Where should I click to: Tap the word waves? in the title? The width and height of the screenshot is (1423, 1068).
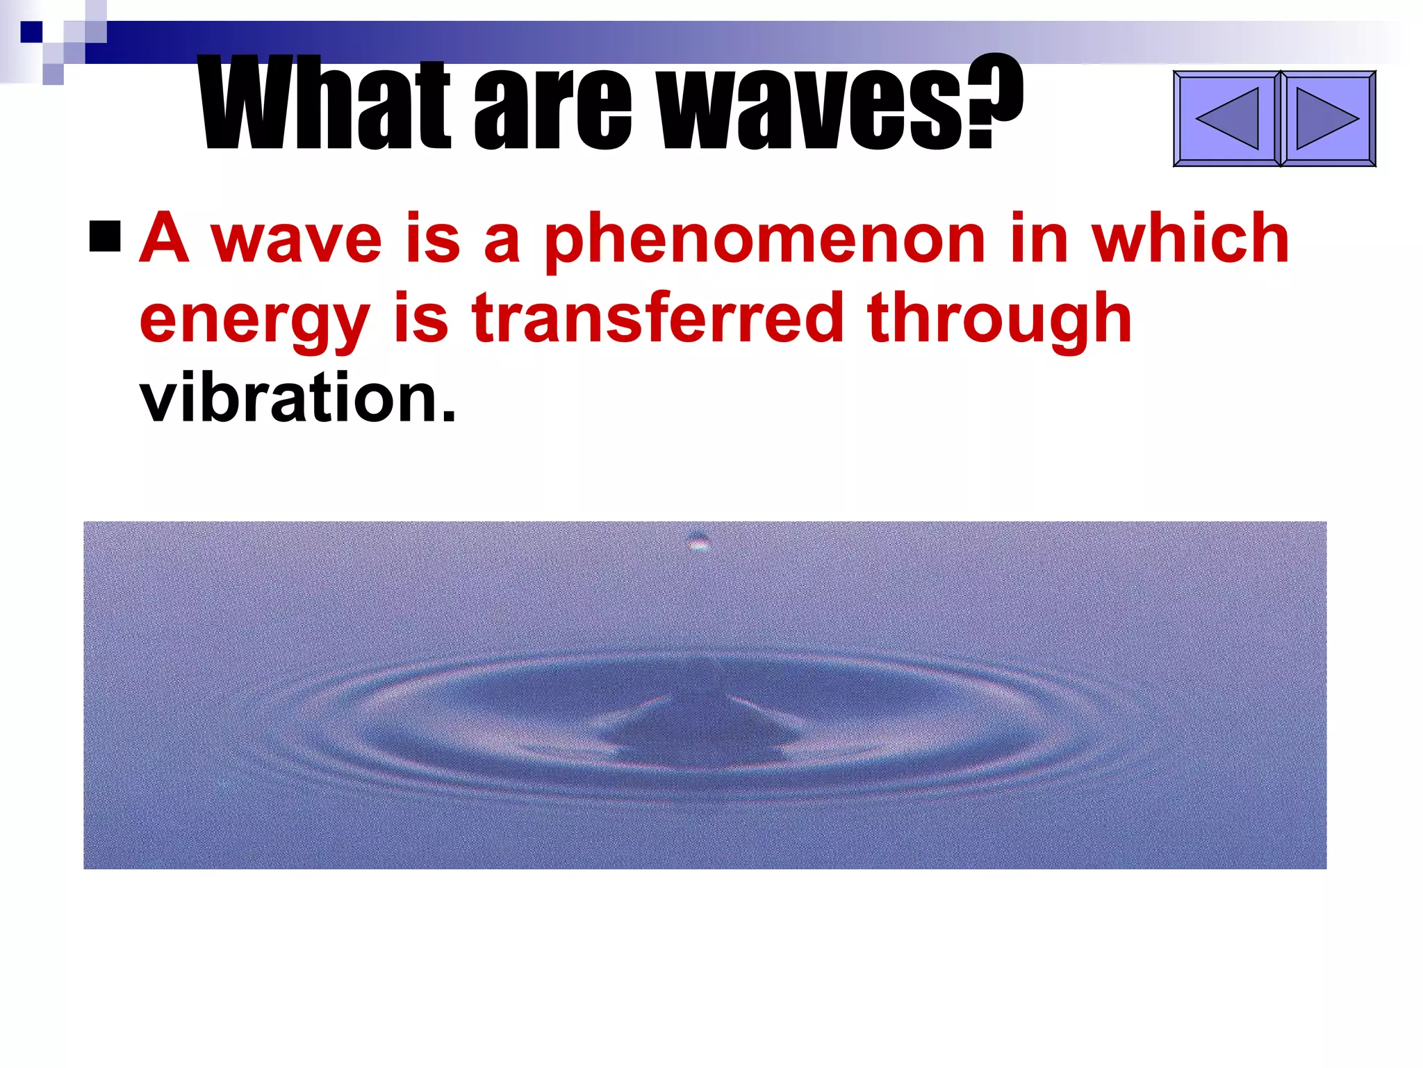(841, 104)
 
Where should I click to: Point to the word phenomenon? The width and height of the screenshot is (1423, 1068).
(764, 240)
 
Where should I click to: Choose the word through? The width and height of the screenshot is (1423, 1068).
(1001, 320)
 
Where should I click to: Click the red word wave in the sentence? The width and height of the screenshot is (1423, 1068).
(297, 240)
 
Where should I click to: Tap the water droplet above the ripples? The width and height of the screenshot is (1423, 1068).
(698, 541)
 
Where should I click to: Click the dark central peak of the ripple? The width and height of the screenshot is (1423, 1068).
(702, 723)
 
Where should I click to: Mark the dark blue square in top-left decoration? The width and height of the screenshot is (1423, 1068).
(31, 32)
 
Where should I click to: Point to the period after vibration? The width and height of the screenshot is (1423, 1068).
(449, 417)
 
